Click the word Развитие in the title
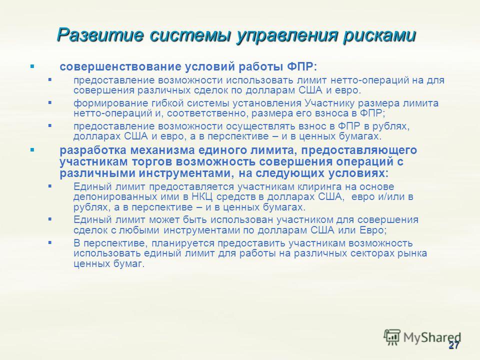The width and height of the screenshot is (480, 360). (x=100, y=35)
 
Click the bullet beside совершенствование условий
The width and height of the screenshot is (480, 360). (x=32, y=66)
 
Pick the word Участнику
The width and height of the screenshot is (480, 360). (x=328, y=103)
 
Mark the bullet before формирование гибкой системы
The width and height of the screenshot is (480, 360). (x=50, y=102)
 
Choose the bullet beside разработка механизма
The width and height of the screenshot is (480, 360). (x=32, y=150)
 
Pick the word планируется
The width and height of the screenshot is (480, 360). (x=183, y=243)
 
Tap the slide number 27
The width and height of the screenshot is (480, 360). (x=454, y=345)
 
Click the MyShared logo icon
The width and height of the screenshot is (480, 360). (x=392, y=337)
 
